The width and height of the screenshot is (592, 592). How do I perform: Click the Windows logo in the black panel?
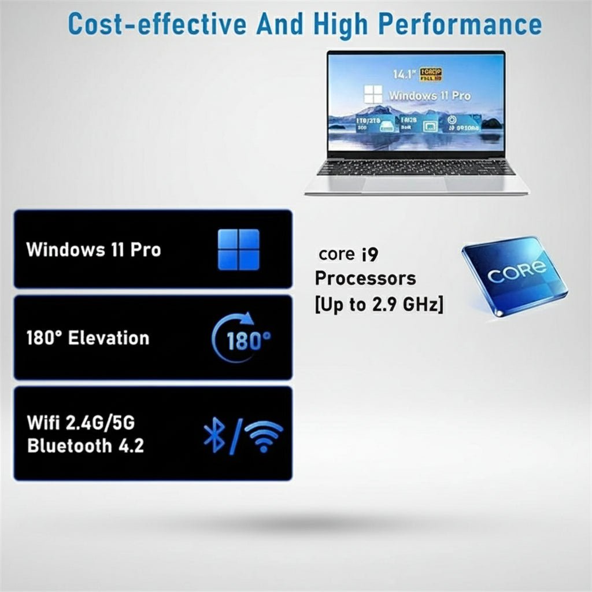238,249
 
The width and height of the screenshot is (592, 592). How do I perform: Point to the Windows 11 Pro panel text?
94,250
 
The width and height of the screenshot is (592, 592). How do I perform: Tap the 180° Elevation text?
88,338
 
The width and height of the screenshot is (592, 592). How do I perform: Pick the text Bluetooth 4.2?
86,446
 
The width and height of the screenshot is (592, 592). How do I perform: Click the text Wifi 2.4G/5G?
81,423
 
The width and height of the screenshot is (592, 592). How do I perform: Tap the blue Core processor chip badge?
513,274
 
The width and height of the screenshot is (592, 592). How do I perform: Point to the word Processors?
365,278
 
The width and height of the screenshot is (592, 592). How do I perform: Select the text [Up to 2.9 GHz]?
379,304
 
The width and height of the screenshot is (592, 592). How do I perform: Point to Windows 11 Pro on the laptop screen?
429,95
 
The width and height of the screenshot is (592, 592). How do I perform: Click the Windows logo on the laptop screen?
373,95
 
